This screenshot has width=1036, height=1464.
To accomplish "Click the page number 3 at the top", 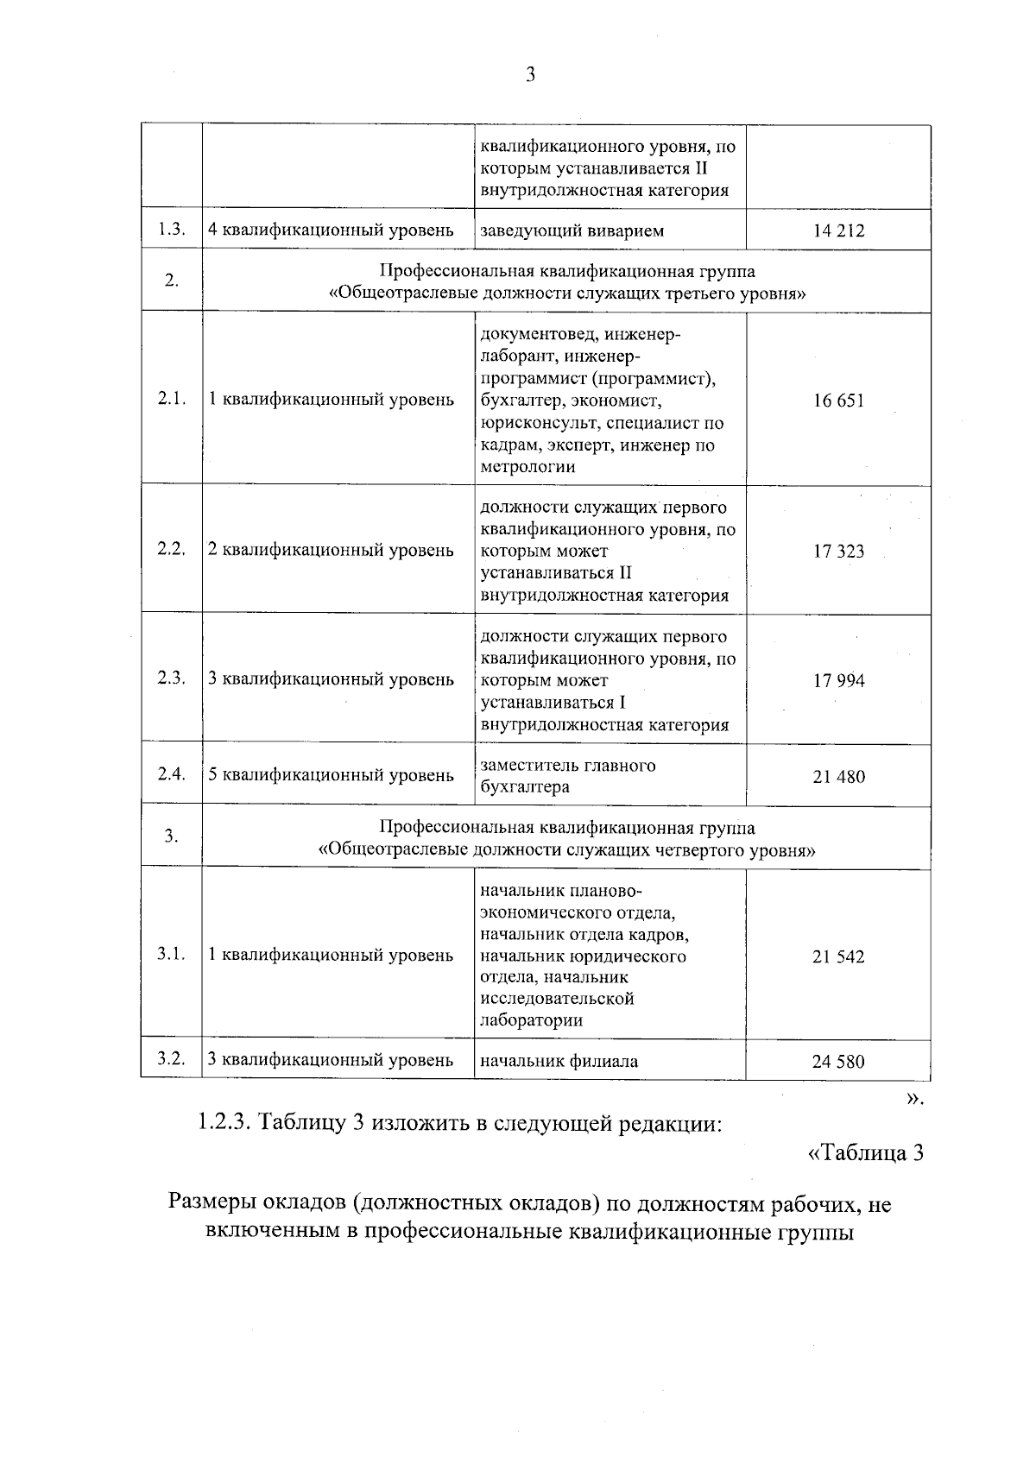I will [530, 75].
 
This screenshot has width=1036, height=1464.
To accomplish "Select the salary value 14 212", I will [837, 230].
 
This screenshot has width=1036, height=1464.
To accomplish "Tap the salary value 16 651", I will [837, 401].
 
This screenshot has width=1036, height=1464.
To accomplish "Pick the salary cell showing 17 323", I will [837, 552].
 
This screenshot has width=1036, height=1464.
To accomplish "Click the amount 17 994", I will [837, 680].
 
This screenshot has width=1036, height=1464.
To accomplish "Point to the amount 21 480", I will [837, 777].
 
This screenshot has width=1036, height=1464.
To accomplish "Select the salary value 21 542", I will [837, 956].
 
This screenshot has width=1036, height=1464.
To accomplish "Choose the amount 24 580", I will [837, 1062].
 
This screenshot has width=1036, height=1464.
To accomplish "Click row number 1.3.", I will [172, 230].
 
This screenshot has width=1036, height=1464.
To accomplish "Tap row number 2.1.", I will [172, 399].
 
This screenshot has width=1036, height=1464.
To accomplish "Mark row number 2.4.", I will [172, 774].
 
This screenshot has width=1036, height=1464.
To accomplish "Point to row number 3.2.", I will [172, 1060].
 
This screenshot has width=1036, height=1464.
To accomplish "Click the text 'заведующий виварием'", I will [572, 230].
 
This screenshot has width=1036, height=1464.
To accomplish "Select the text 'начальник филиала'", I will [559, 1062].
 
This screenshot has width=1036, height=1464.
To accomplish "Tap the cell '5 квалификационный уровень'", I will [331, 775].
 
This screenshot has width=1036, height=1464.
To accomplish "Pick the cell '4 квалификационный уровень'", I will [331, 230].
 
